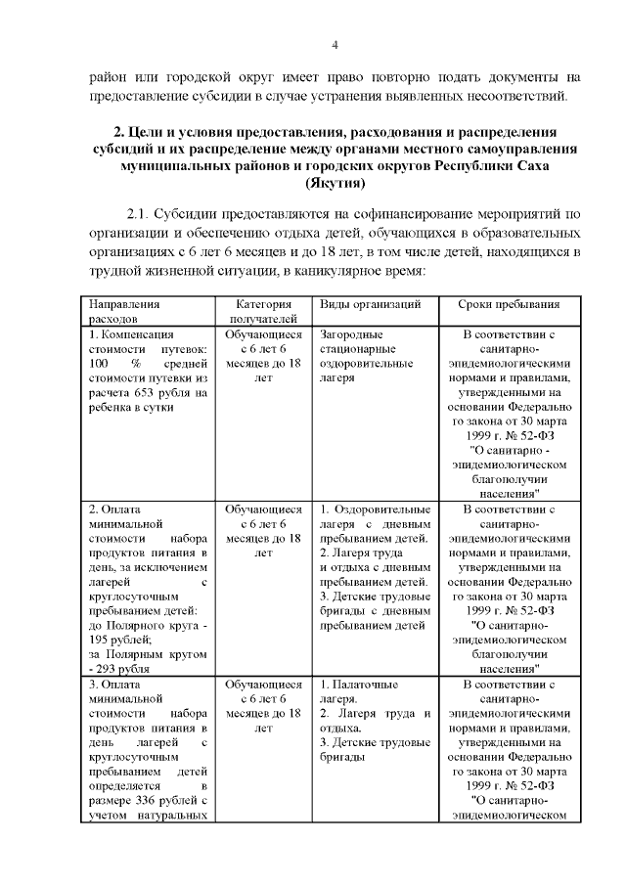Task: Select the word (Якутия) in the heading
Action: click(335, 183)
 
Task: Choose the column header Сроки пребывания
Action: click(509, 304)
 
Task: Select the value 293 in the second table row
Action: click(106, 668)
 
